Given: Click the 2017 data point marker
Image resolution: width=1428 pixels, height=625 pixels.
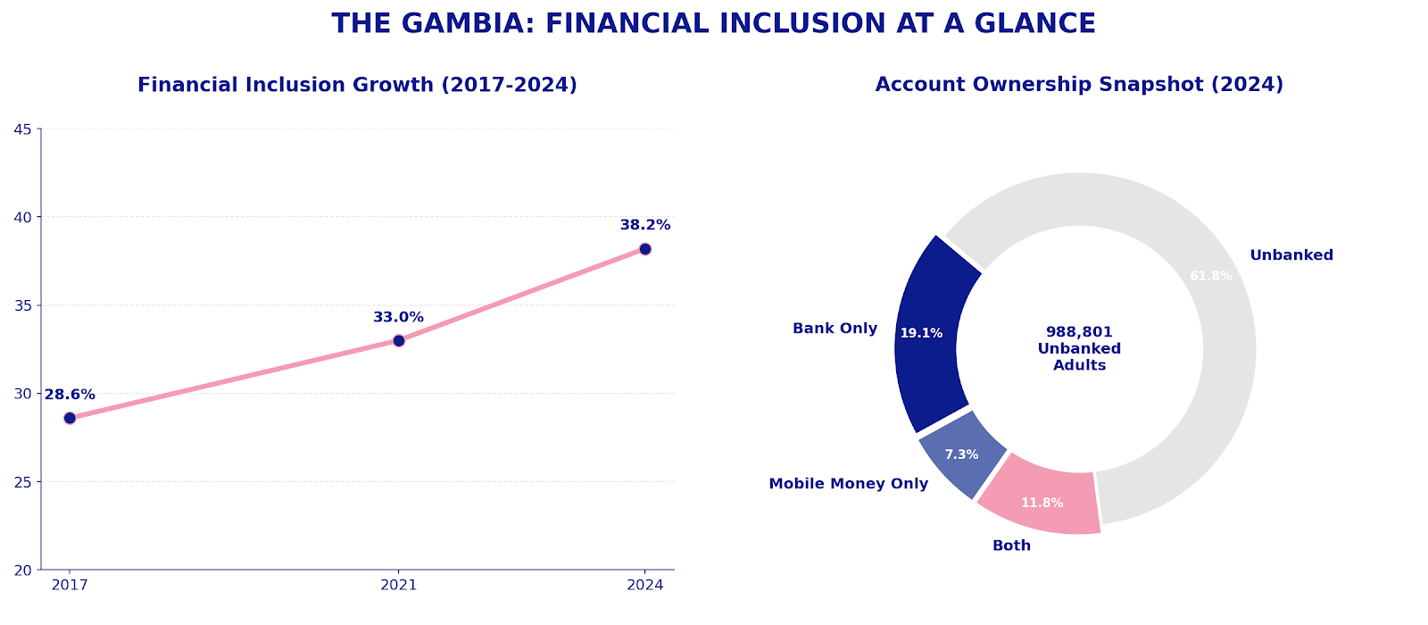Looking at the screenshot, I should click(70, 418).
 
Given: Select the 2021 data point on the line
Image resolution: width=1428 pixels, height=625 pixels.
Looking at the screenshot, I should click(399, 340).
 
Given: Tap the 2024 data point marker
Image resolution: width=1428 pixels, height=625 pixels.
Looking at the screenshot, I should click(645, 249).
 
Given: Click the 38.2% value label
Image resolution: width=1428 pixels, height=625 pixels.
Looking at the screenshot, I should click(645, 225).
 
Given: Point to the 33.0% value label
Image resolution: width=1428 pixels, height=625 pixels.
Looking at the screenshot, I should click(398, 317).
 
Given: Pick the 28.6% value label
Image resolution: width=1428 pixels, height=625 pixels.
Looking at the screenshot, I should click(70, 395).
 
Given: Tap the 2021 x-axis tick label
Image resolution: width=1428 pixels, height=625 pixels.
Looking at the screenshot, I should click(399, 585).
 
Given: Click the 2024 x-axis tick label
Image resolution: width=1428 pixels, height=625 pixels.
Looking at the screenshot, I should click(645, 585).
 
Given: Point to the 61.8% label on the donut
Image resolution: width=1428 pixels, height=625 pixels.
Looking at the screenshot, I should click(1210, 277).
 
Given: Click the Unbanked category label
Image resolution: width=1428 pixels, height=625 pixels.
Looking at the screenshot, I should click(1291, 255).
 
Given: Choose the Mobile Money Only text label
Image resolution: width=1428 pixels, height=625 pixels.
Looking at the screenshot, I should click(848, 484).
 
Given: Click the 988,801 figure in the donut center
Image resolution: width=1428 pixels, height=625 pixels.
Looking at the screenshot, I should click(1079, 332).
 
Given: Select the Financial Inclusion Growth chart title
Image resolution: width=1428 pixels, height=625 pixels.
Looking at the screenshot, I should click(357, 85).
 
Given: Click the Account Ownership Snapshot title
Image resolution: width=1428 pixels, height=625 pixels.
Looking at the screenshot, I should click(1079, 85).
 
